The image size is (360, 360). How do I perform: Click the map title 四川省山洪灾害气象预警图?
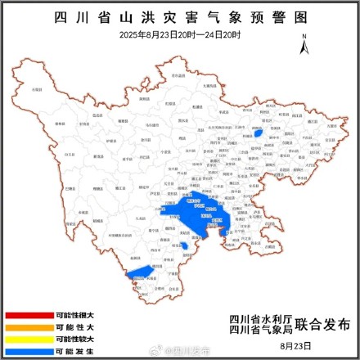[180, 16]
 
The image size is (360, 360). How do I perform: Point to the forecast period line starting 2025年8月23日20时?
[180, 34]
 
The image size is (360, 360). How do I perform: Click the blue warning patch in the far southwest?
[141, 272]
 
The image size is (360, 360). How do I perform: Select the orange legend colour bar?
[27, 326]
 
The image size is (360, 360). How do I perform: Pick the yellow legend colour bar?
[27, 338]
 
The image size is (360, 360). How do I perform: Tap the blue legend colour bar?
[27, 349]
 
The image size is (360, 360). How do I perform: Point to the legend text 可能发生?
[74, 349]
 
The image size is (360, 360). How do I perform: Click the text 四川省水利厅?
[258, 318]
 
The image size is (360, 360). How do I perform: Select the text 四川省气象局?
[258, 331]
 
